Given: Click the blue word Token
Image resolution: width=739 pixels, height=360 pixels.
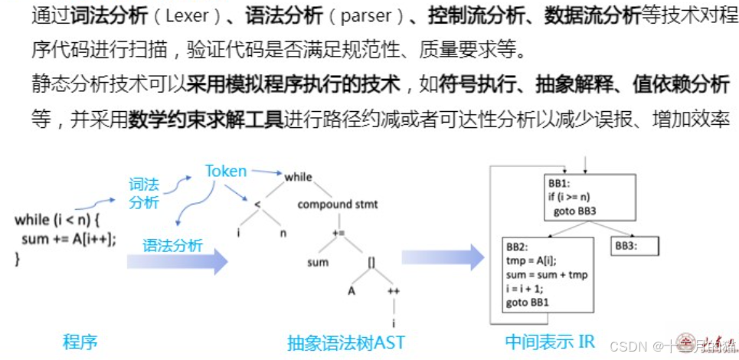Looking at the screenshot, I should click(x=225, y=171).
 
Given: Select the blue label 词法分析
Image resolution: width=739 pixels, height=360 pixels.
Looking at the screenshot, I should click(x=144, y=193).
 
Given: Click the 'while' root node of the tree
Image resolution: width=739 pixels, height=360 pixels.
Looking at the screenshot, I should click(x=298, y=177).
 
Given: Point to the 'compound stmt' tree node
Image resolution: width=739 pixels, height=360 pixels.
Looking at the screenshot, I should click(x=337, y=205).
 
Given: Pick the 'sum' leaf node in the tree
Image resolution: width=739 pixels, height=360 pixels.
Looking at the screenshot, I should click(x=317, y=263).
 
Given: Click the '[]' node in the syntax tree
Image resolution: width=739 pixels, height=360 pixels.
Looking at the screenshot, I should click(x=371, y=263).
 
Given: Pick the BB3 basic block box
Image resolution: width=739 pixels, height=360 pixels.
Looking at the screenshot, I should click(x=636, y=247).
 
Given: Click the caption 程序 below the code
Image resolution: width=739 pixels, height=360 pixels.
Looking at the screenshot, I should click(x=80, y=341).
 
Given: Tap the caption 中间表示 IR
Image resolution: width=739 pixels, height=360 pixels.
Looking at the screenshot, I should click(x=548, y=341).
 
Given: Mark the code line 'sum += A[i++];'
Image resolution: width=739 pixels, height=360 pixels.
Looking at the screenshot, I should click(x=69, y=238).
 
